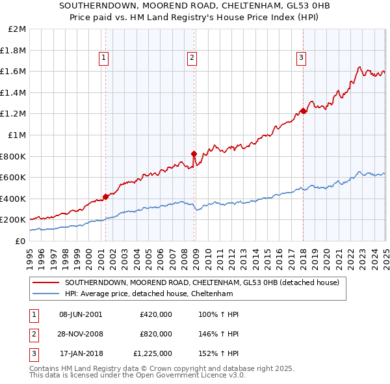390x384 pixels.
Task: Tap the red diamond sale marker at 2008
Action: (x=194, y=154)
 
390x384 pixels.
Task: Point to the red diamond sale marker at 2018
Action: (x=303, y=111)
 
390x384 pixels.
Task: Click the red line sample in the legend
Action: (x=45, y=282)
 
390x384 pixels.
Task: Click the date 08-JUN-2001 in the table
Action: (x=81, y=314)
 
